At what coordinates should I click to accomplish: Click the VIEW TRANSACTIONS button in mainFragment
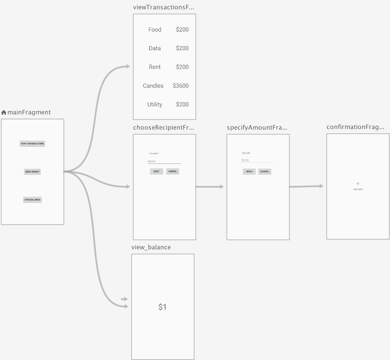point(32,144)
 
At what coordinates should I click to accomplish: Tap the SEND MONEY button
point(32,172)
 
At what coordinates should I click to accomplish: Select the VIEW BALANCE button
point(32,200)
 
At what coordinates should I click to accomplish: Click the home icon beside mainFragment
point(4,112)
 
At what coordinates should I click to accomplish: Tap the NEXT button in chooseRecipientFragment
point(157,171)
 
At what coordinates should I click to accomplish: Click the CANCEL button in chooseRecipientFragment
point(173,171)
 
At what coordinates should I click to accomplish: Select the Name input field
point(164,162)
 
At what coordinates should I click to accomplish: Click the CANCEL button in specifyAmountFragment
point(265,171)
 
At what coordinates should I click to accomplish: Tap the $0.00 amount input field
point(258,160)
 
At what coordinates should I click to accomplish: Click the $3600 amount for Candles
point(181,86)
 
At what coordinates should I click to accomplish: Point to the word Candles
point(153,86)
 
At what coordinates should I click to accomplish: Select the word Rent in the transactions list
point(155,67)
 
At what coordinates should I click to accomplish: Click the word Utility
point(155,104)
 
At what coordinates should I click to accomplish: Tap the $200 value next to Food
point(182,30)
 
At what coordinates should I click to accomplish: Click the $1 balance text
point(162,307)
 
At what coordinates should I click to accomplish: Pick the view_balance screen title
point(151,247)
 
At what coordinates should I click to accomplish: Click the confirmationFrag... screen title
point(355,127)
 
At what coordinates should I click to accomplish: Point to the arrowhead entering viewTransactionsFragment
point(128,66)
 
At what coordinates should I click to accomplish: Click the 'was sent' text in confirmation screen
point(358,189)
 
